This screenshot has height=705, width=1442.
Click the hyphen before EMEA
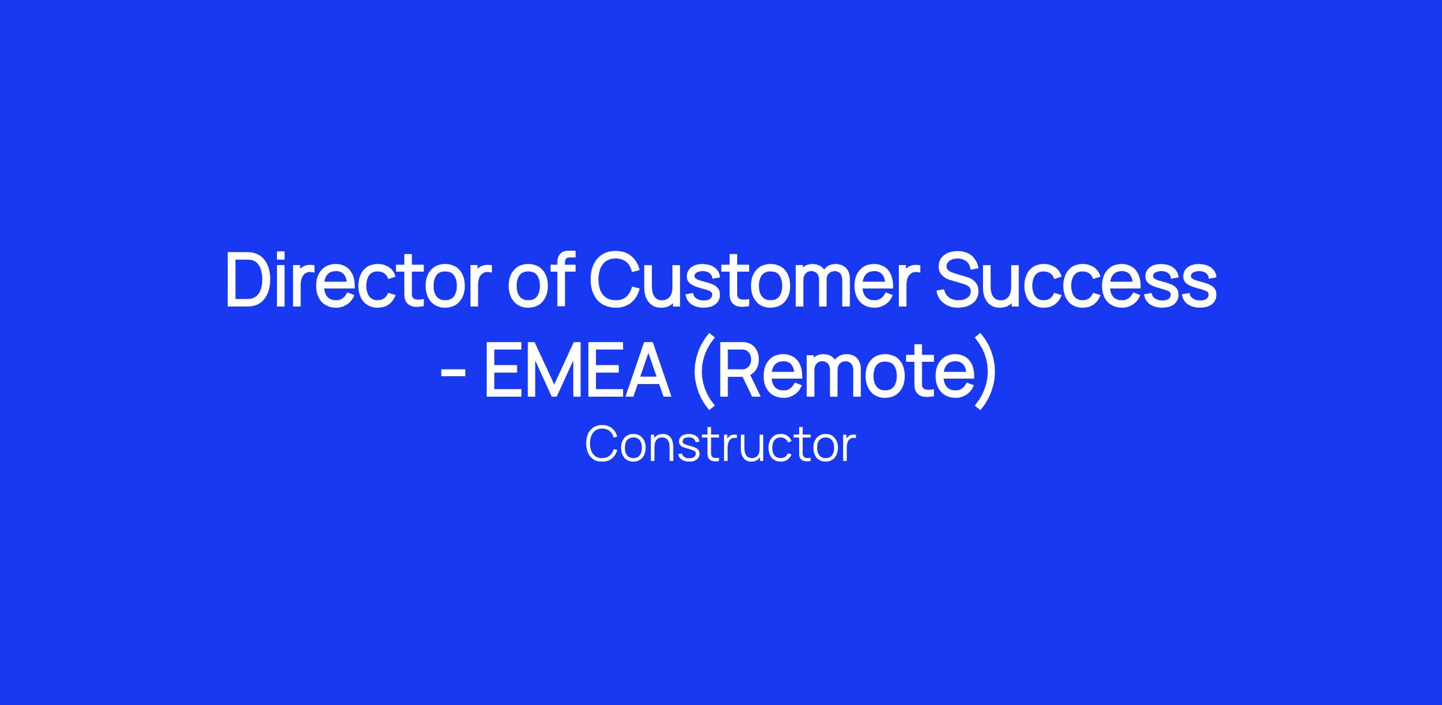pyautogui.click(x=453, y=373)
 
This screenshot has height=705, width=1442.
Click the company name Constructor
pyautogui.click(x=720, y=445)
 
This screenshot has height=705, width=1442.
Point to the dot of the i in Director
pyautogui.click(x=288, y=257)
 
